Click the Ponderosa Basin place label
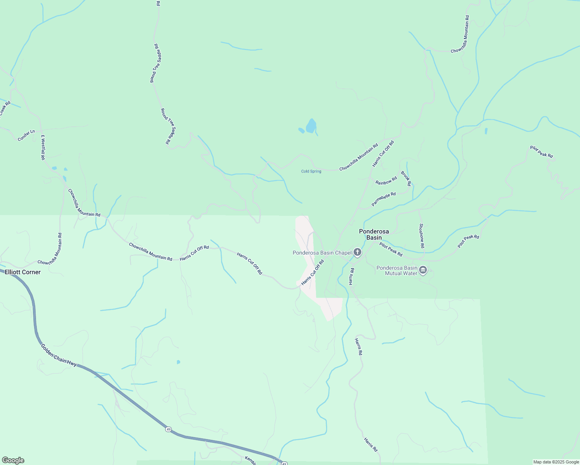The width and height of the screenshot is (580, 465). click(x=374, y=234)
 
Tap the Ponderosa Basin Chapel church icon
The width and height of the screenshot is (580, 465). click(x=357, y=253)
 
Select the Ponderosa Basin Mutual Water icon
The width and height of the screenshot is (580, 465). click(x=423, y=270)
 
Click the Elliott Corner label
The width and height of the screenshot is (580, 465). click(x=22, y=272)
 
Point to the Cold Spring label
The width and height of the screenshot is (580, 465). click(x=311, y=171)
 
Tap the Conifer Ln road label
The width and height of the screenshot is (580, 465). click(x=26, y=136)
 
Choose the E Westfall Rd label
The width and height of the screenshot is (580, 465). click(x=43, y=148)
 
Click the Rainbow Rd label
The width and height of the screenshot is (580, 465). click(x=386, y=181)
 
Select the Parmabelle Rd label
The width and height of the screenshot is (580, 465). click(x=383, y=199)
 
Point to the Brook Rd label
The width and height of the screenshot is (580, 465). click(x=406, y=179)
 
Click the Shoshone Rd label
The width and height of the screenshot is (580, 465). click(x=422, y=236)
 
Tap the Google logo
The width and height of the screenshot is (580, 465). click(x=13, y=460)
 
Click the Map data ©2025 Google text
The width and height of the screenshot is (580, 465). click(x=556, y=462)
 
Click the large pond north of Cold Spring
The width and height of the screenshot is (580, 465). click(x=311, y=126)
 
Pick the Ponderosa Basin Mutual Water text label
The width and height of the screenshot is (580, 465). click(x=397, y=270)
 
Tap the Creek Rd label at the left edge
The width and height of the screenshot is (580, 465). click(x=5, y=108)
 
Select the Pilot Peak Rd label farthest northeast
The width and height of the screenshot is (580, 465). click(x=542, y=152)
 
